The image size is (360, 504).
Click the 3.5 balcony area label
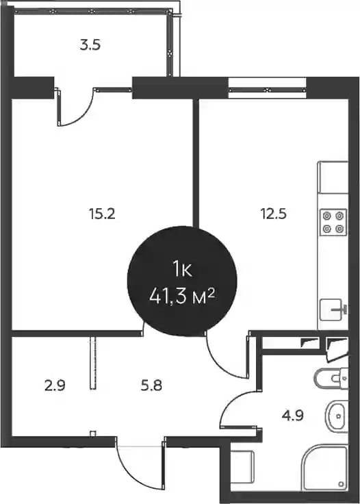coord(90,45)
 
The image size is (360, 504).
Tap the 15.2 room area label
coord(102,214)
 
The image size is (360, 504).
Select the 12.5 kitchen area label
coord(273,214)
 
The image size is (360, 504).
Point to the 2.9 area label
coord(55,385)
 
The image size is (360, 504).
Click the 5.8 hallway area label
coord(151,385)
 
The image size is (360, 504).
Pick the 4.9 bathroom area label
coord(293,416)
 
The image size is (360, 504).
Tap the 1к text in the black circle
coord(182,269)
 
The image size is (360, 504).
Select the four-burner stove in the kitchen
coord(333,222)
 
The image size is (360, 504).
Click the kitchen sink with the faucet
coord(334,310)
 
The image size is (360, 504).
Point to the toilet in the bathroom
coord(331,379)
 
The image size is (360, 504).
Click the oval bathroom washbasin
coord(335,416)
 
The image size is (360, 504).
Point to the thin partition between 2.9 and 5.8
coord(93,363)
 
